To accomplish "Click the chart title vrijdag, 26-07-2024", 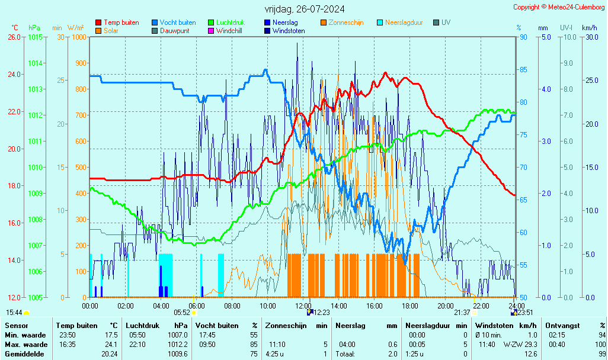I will click(305, 9).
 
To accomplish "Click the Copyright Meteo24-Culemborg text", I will click(559, 7).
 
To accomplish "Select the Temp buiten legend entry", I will click(121, 22).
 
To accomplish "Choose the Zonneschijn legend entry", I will click(346, 22).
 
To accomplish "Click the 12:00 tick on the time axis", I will click(303, 306).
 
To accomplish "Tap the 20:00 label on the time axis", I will click(446, 306).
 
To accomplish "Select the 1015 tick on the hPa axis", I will click(35, 37).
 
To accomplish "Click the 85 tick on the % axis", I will click(523, 69).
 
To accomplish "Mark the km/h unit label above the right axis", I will click(590, 28).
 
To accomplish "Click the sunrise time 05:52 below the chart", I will click(181, 312).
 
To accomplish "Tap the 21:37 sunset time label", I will click(462, 312).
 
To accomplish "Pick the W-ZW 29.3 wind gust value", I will click(520, 345).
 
